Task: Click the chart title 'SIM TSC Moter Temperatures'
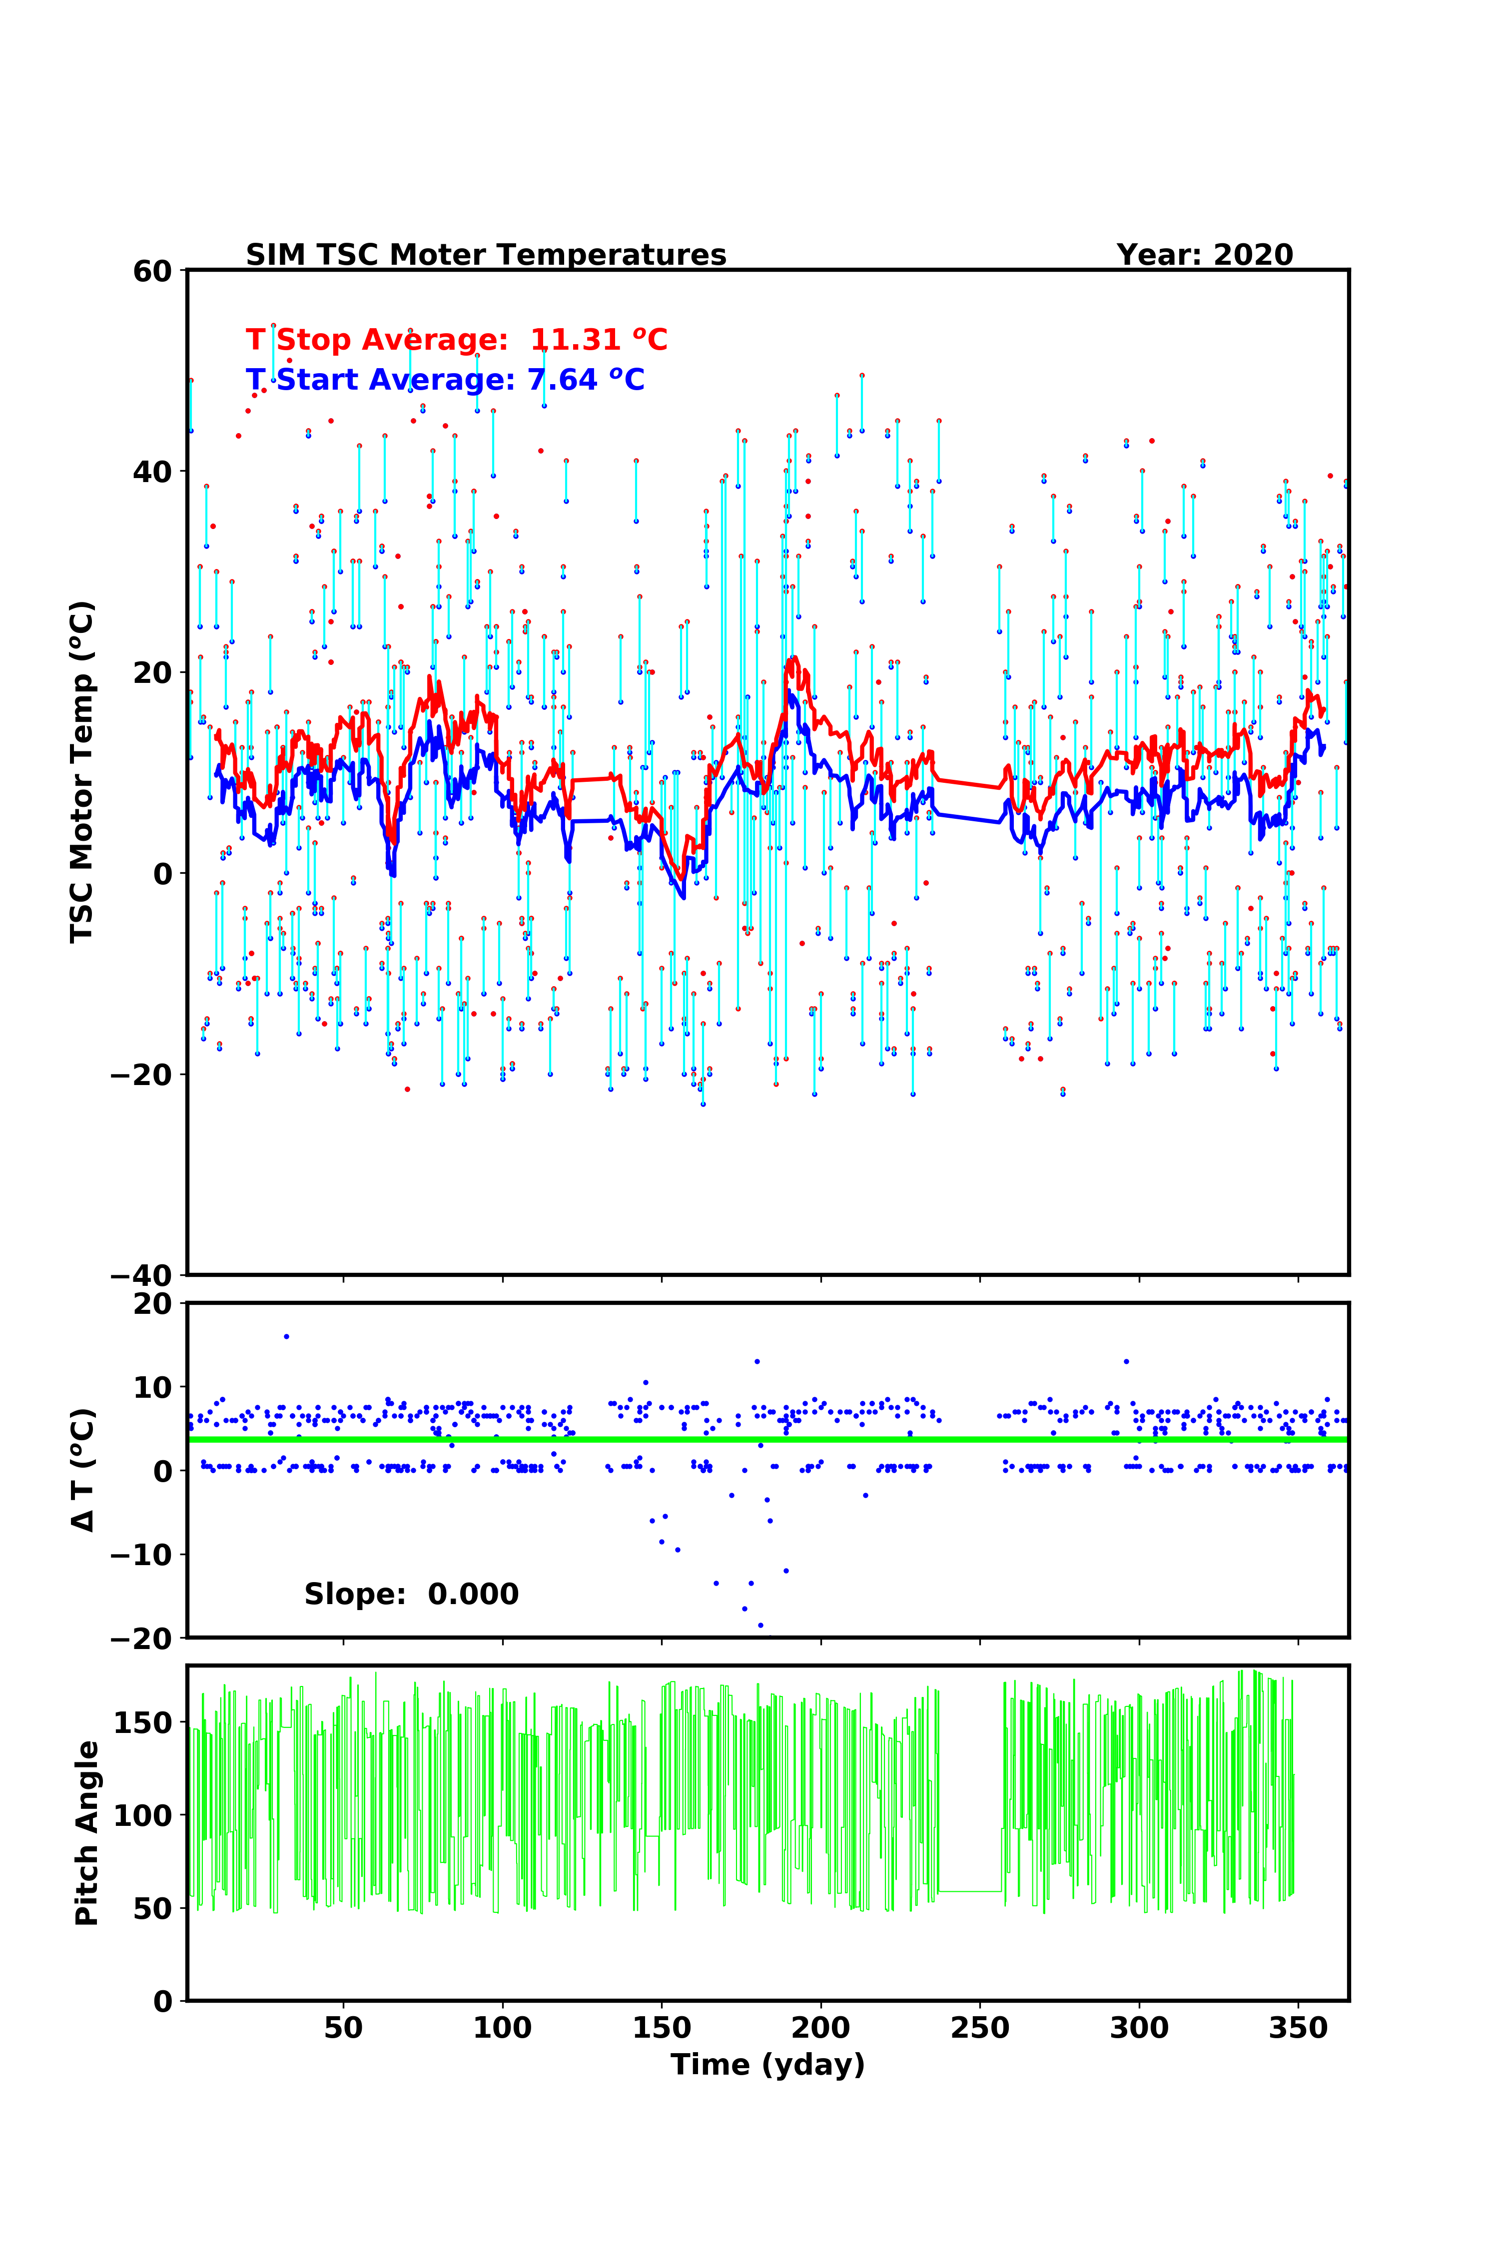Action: click(486, 255)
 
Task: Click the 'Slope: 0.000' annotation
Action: click(411, 1594)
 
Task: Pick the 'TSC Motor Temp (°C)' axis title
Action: click(82, 772)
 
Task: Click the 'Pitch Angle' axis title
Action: click(87, 1833)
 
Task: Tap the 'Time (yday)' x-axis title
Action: click(767, 2065)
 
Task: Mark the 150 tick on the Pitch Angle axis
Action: click(143, 1722)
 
